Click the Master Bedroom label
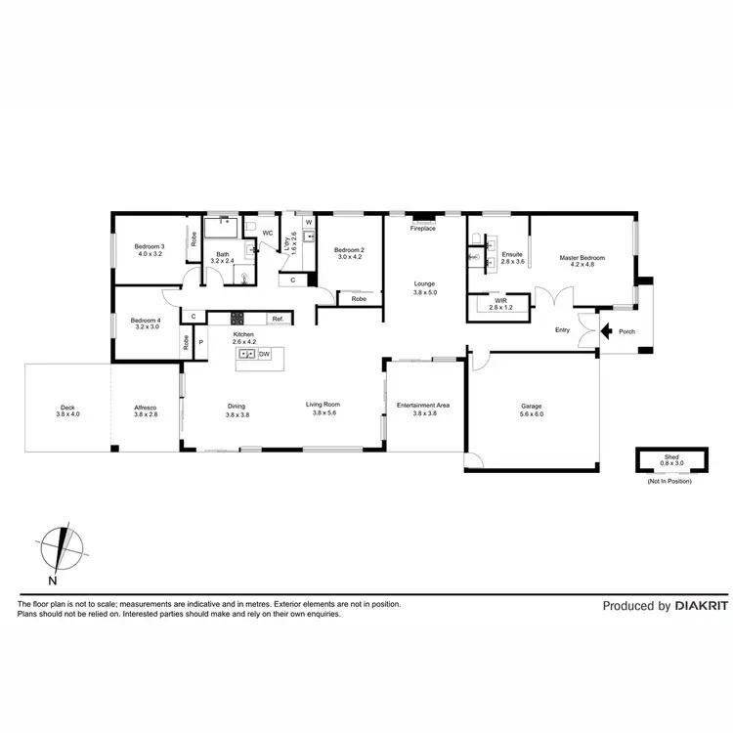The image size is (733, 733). click(x=582, y=258)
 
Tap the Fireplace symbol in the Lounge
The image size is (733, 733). click(x=422, y=218)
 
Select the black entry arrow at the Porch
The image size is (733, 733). click(x=606, y=331)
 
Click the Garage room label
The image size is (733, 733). click(x=531, y=407)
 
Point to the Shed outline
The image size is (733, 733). click(x=668, y=459)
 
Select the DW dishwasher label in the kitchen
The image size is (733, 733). click(x=264, y=353)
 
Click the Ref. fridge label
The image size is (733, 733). click(x=278, y=318)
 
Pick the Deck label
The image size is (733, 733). click(x=66, y=408)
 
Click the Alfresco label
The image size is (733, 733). click(x=145, y=408)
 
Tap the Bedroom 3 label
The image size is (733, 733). click(x=150, y=246)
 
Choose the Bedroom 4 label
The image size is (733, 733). click(x=146, y=320)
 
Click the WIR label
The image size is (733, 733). click(x=500, y=301)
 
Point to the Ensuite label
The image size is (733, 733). click(x=512, y=255)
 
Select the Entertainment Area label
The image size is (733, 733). click(x=422, y=406)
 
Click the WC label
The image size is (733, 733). click(x=267, y=233)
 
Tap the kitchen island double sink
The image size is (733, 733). click(x=246, y=353)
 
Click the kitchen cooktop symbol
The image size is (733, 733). click(x=236, y=318)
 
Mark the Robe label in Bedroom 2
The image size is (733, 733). click(x=359, y=298)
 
